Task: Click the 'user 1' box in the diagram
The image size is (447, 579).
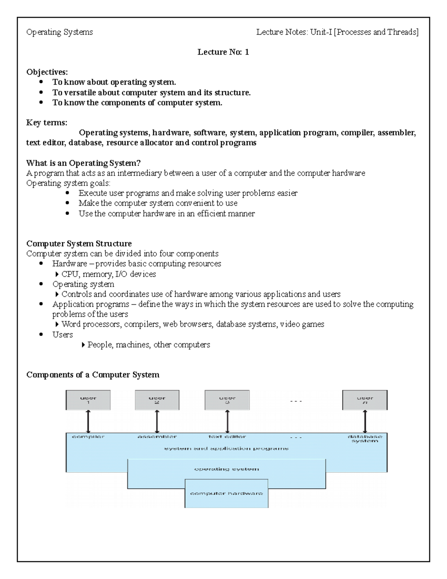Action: pyautogui.click(x=88, y=400)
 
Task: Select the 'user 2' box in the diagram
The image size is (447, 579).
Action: pyautogui.click(x=157, y=400)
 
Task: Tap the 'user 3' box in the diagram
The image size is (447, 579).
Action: pyautogui.click(x=227, y=400)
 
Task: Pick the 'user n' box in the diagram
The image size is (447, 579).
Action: pyautogui.click(x=365, y=400)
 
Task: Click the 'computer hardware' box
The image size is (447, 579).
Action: pyautogui.click(x=226, y=493)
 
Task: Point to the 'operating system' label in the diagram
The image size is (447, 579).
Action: pyautogui.click(x=226, y=469)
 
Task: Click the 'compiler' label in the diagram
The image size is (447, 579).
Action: pyautogui.click(x=88, y=437)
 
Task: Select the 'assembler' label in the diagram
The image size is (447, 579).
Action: pyautogui.click(x=157, y=437)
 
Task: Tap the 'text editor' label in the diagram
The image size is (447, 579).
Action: pyautogui.click(x=227, y=437)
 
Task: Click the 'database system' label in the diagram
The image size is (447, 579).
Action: pyautogui.click(x=365, y=439)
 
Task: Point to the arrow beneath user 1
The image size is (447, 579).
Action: pyautogui.click(x=88, y=421)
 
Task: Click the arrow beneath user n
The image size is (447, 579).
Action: pyautogui.click(x=365, y=421)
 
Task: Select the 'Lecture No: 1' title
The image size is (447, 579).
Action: pyautogui.click(x=223, y=52)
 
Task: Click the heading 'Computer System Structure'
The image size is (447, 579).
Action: pyautogui.click(x=79, y=243)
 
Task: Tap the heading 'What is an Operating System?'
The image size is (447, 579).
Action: pyautogui.click(x=83, y=163)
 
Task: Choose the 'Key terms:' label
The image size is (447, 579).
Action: pyautogui.click(x=47, y=123)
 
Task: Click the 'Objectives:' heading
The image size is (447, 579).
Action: pyautogui.click(x=47, y=72)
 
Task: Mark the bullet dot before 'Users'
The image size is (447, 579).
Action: pyautogui.click(x=41, y=335)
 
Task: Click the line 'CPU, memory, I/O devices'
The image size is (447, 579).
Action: pyautogui.click(x=108, y=274)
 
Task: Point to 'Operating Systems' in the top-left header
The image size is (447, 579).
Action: pyautogui.click(x=60, y=32)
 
